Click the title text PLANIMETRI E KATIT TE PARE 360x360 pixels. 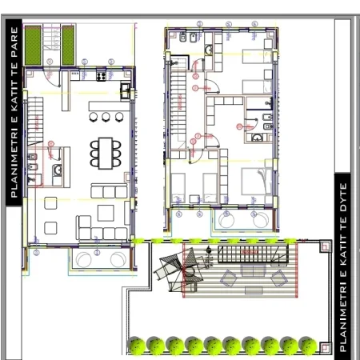click(14, 111)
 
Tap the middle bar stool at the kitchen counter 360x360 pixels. click(106, 117)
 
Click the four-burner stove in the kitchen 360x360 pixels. click(102, 77)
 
